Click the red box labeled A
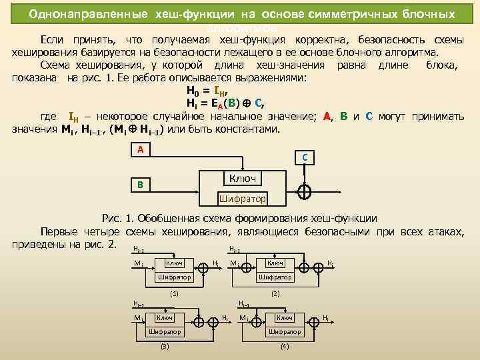point(140,150)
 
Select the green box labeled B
point(140,185)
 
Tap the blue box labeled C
point(304,158)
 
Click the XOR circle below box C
point(304,191)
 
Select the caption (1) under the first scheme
point(175,293)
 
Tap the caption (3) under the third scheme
point(165,346)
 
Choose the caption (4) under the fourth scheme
point(285,346)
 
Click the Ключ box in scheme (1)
point(174,263)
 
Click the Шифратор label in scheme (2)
point(275,277)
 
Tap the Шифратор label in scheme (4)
point(285,331)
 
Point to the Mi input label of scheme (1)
point(137,263)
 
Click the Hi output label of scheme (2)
point(331,263)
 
